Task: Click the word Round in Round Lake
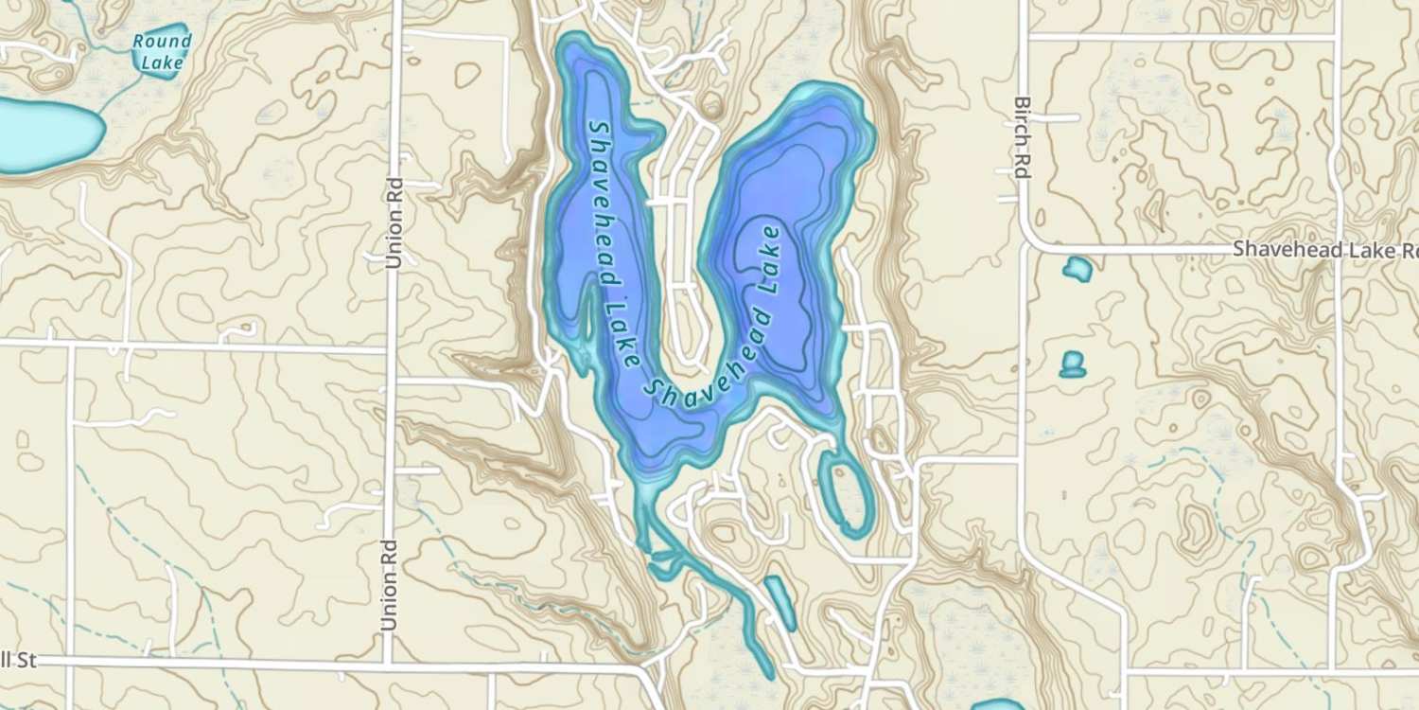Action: (x=162, y=42)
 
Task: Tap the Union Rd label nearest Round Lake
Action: (x=395, y=222)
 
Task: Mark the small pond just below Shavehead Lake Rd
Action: (x=1077, y=270)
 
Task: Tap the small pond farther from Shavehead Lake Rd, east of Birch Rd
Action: (x=1072, y=364)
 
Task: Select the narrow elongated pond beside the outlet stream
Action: (x=780, y=600)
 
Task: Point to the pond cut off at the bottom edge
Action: (x=998, y=704)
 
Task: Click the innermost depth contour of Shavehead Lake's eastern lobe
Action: (x=762, y=293)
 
